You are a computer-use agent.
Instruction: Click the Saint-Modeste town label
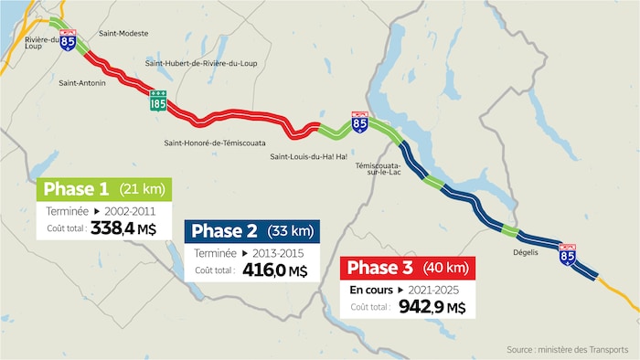coord(123,34)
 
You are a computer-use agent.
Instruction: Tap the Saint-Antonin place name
coord(82,83)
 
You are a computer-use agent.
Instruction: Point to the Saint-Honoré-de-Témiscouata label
coord(215,142)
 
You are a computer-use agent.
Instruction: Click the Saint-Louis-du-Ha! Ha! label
coord(308,156)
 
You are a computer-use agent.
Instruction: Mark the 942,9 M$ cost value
coord(432,307)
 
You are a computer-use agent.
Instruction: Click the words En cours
coord(370,289)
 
